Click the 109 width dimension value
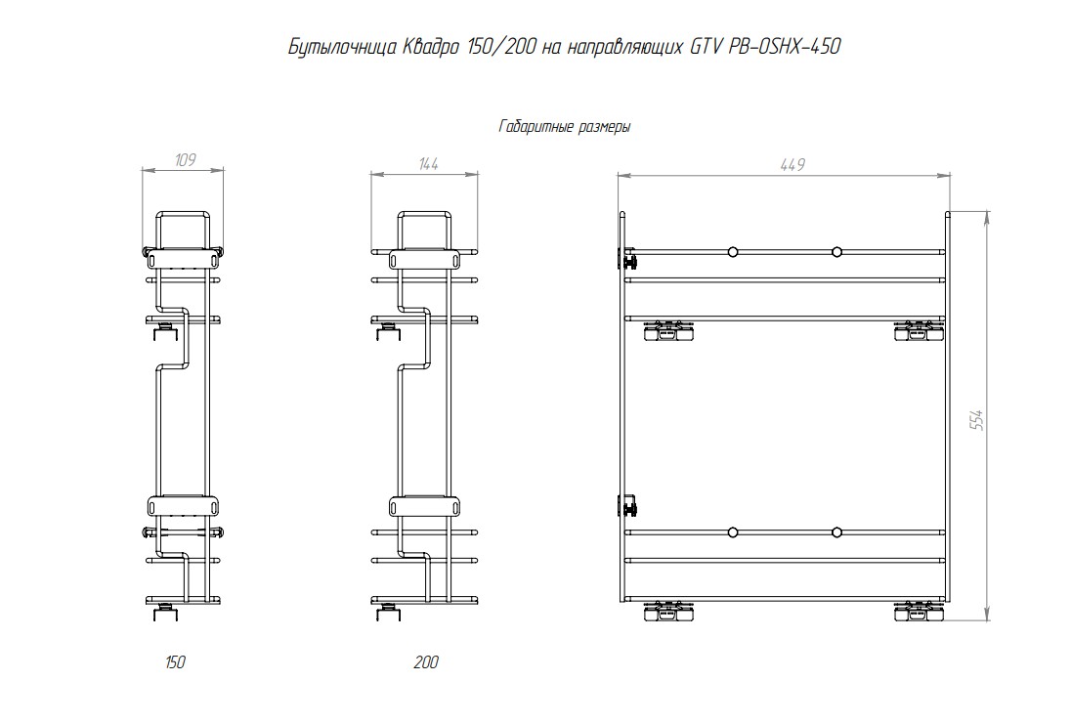tap(185, 160)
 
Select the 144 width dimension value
tap(428, 164)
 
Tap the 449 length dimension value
tap(793, 164)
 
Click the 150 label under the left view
tap(176, 662)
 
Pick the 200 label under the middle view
tap(426, 662)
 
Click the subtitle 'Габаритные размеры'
tap(565, 127)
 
